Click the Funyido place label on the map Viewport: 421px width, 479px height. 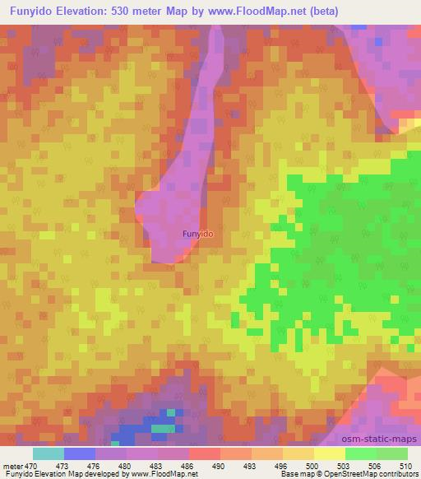(197, 234)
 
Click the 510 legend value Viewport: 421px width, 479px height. (405, 465)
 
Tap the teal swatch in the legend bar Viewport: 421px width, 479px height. (49, 453)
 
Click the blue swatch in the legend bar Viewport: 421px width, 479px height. (80, 453)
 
